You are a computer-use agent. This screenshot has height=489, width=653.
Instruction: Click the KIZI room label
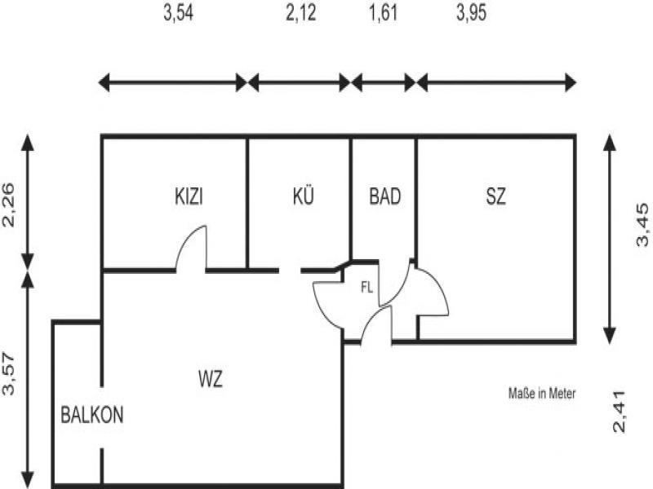[x=189, y=196]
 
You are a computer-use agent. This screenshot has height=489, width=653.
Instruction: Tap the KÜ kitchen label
[x=303, y=196]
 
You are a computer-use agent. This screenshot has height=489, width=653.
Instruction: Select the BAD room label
[x=384, y=196]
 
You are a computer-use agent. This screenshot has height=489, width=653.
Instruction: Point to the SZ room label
[x=495, y=196]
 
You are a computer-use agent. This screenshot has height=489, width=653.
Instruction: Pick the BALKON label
[x=92, y=415]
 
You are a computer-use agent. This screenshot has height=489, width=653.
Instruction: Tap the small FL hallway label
[x=368, y=287]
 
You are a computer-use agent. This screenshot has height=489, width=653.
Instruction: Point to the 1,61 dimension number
[x=383, y=15]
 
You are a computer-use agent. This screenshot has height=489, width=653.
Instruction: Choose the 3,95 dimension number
[x=471, y=15]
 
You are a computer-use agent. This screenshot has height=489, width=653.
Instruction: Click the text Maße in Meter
[x=542, y=394]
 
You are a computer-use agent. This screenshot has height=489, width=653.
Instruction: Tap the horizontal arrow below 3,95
[x=496, y=82]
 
